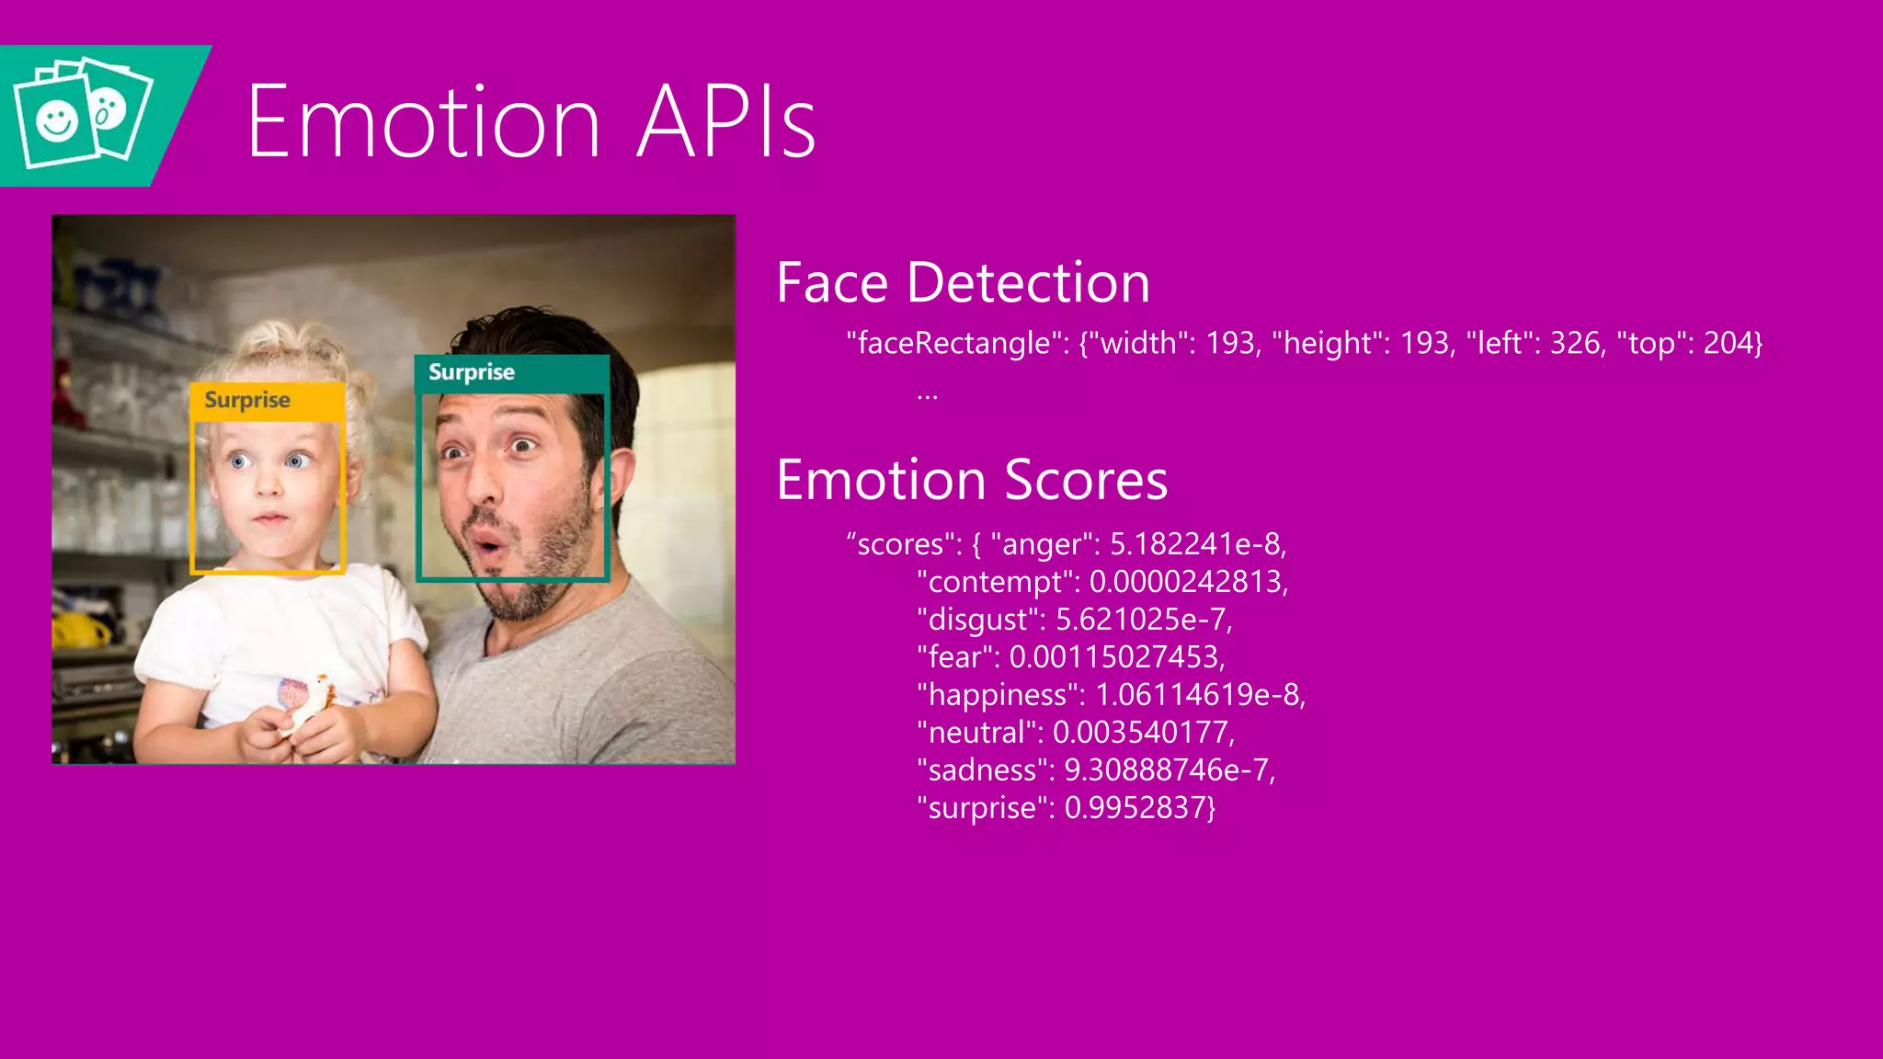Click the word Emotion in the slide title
(x=423, y=121)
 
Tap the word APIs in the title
(x=725, y=121)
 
